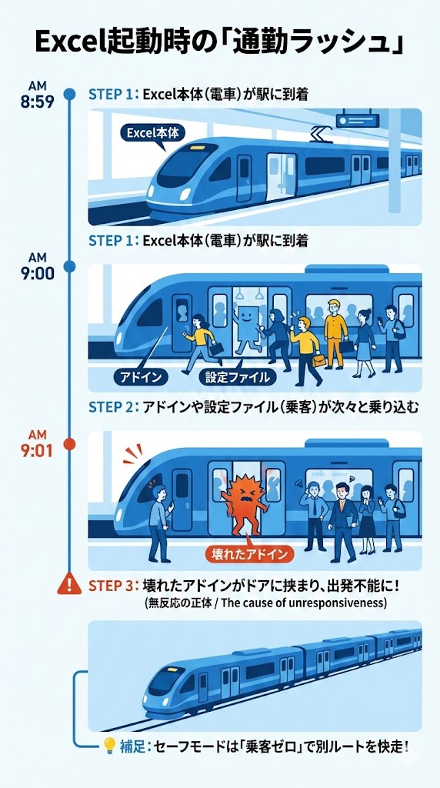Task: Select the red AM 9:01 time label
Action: (x=38, y=445)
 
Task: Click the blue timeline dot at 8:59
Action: (x=69, y=94)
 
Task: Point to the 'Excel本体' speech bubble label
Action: (x=152, y=132)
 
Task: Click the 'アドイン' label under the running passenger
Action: (x=141, y=377)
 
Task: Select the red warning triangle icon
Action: (x=69, y=586)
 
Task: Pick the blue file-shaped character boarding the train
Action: (x=247, y=326)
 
